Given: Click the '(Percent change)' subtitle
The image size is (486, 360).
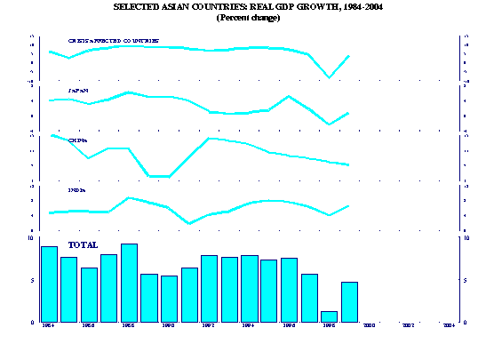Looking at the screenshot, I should point(248,18).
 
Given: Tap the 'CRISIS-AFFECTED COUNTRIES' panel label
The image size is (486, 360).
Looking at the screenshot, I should point(114,41).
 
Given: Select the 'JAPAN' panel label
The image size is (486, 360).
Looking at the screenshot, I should point(78,91).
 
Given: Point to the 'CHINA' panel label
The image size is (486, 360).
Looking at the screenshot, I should point(78,140).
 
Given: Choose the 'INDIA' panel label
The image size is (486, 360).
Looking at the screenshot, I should point(77,190).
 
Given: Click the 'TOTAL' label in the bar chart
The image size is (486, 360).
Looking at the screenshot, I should point(83,244).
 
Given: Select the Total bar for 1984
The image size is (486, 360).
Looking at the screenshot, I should point(49,284).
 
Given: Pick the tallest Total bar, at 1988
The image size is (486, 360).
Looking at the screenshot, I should point(129,283).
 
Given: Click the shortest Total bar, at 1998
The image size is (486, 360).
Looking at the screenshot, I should point(329,316).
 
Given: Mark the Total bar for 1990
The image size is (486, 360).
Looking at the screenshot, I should point(169,299).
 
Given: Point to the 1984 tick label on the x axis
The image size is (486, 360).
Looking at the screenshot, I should point(48,326).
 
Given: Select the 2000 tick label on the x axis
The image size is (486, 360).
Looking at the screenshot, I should point(368,326).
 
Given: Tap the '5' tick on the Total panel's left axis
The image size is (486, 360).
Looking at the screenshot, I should point(33,280).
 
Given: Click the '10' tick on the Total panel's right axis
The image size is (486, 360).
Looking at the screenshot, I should point(468,238).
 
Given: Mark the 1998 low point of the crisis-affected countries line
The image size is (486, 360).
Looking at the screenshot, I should point(330,77).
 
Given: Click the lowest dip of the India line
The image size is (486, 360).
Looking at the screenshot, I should point(190,223).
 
